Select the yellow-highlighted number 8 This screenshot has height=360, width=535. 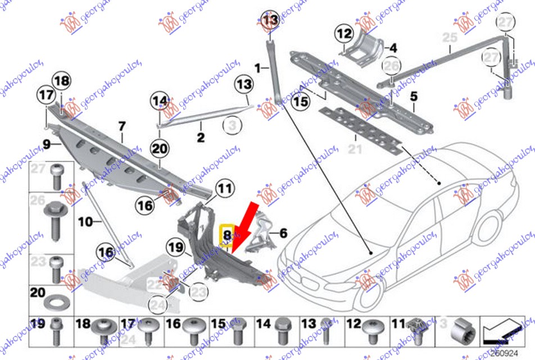pos(227,235)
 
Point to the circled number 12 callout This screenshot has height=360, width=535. pos(344,35)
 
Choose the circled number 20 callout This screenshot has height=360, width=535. pos(160,148)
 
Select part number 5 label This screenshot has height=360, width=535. pos(414,97)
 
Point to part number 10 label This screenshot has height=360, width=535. pos(85,222)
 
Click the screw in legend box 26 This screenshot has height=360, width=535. pos(56,219)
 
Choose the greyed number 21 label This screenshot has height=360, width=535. pos(355,149)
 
